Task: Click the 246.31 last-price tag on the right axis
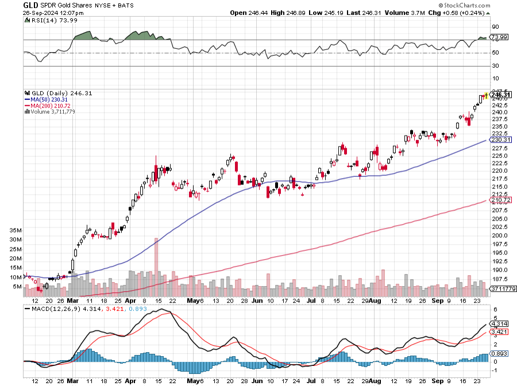coord(501,95)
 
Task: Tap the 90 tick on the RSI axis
coord(495,26)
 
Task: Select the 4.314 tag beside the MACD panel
coord(499,323)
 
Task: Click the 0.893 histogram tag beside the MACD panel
coord(499,353)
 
